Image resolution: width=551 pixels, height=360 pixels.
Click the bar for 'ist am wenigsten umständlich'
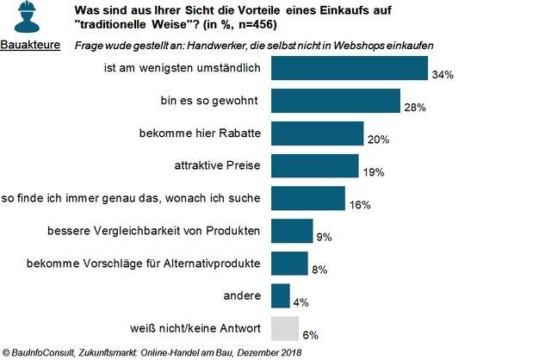349,68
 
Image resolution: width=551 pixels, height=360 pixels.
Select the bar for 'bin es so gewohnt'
335,101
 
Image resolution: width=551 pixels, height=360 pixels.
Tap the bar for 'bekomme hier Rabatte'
317,133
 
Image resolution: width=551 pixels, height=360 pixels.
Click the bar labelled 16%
307,198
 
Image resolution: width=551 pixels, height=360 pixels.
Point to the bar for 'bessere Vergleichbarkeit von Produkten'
292,231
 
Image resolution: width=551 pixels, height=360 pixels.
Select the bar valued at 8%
289,263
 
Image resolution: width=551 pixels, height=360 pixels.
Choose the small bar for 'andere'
281,295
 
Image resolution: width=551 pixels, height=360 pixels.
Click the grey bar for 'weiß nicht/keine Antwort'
285,328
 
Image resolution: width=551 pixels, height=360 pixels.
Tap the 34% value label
443,75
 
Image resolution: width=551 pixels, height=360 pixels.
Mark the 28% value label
415,108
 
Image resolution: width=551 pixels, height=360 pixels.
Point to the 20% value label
379,140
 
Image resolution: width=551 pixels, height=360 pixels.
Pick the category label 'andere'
244,296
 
